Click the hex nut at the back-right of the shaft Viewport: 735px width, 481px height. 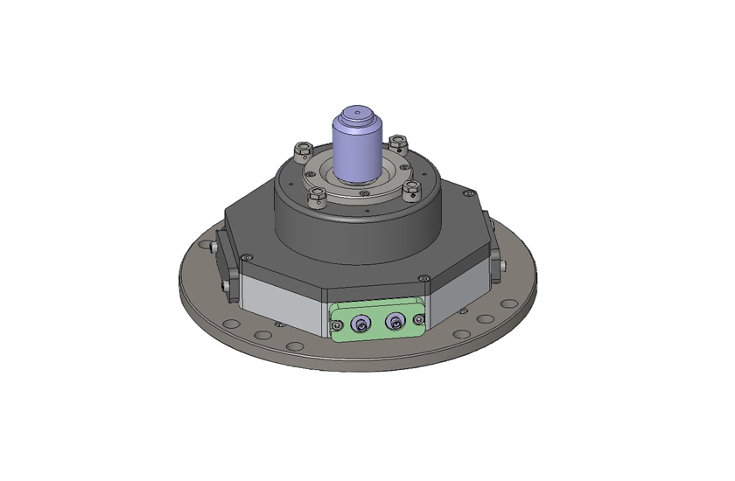point(398,142)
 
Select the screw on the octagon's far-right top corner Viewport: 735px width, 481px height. point(469,193)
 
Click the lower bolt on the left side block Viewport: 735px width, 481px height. point(225,287)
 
